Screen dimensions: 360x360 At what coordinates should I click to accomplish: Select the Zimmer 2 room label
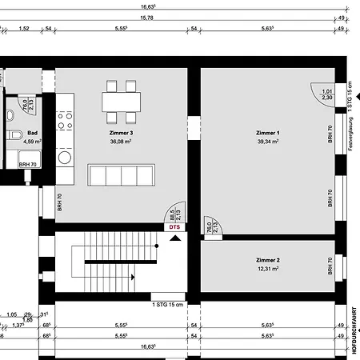tap(267, 260)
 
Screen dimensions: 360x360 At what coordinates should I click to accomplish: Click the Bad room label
tap(33, 134)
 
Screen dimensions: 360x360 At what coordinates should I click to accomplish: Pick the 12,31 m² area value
tap(267, 269)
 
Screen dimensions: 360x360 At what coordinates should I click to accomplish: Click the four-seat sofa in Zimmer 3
tap(121, 175)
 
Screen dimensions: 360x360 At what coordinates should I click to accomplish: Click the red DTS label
tap(175, 227)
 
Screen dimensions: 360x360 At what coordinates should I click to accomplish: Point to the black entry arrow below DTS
tap(175, 236)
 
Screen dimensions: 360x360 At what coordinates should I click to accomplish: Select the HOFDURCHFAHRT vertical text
tap(353, 328)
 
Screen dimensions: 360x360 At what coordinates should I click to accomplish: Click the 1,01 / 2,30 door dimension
tap(327, 94)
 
